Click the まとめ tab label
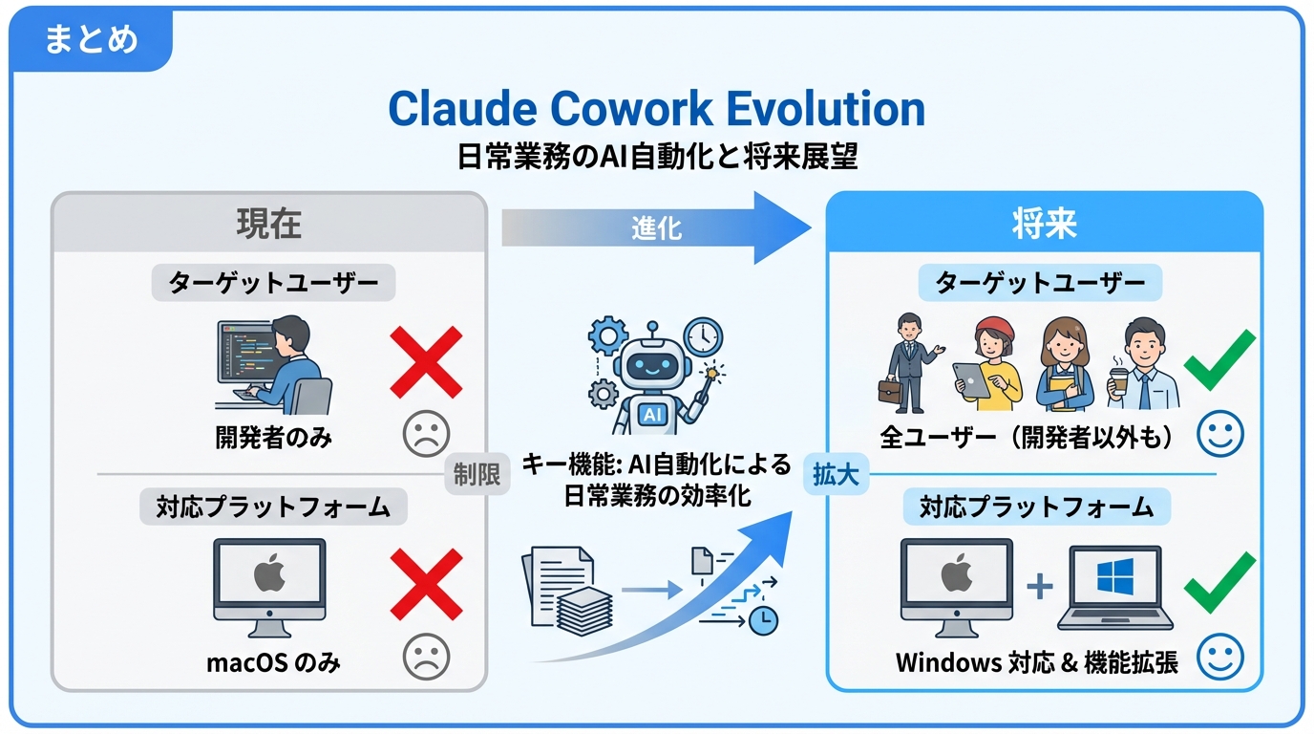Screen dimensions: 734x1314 tap(92, 40)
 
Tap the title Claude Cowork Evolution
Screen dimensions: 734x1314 tap(656, 109)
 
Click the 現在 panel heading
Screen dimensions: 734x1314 tap(268, 223)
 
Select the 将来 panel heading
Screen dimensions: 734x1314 tap(1044, 223)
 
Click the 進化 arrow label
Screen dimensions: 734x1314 tap(656, 228)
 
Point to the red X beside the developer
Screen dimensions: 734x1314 tap(426, 362)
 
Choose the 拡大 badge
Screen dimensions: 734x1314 tap(836, 475)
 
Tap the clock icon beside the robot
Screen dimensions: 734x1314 tap(703, 336)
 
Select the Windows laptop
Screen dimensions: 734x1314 tap(1115, 589)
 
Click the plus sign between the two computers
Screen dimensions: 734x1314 tap(1040, 584)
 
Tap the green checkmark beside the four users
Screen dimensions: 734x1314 tap(1219, 360)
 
